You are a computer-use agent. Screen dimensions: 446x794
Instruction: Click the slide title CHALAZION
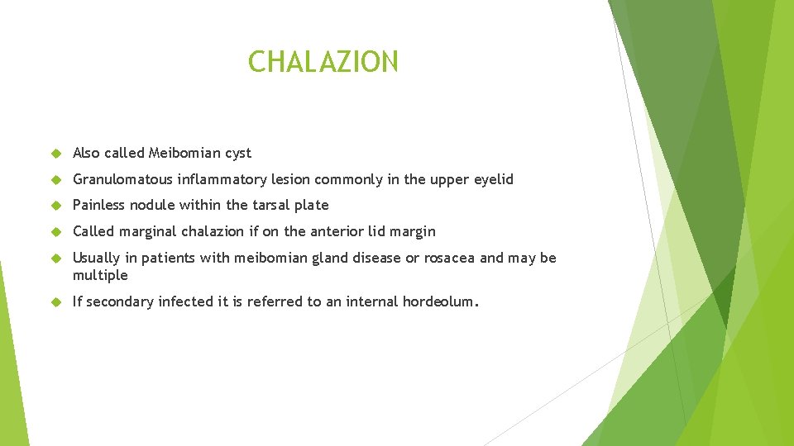(x=323, y=61)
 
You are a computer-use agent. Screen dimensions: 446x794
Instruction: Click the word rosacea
(x=447, y=258)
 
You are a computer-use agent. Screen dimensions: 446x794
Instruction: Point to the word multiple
(x=100, y=275)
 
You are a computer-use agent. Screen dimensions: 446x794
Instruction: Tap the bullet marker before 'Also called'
(x=55, y=154)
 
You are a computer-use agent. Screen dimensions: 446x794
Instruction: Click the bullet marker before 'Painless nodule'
(x=55, y=206)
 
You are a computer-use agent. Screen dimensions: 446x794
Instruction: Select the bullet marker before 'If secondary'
(x=55, y=302)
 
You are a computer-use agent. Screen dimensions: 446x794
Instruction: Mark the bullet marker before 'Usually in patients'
(x=55, y=259)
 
